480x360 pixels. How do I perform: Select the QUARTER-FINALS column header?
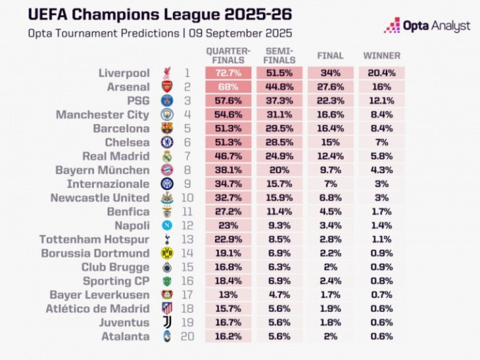(x=228, y=55)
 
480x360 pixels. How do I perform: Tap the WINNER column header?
(x=381, y=55)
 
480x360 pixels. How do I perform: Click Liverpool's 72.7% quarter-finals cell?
(x=228, y=73)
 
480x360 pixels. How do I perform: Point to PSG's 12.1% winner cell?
(x=381, y=100)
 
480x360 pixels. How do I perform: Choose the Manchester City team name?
(x=103, y=115)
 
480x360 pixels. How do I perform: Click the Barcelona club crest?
(x=166, y=128)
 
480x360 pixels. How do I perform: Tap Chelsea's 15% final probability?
(x=330, y=142)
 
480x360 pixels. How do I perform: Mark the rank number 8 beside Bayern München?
(x=188, y=170)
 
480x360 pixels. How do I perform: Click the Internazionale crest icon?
(x=166, y=184)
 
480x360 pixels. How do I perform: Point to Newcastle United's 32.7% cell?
(x=228, y=198)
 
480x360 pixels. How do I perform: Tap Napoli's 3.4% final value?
(x=330, y=226)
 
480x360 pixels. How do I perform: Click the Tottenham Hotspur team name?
(x=94, y=240)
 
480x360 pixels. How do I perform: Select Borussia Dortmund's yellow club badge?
(x=166, y=253)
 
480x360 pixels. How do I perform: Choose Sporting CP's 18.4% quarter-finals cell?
(x=228, y=281)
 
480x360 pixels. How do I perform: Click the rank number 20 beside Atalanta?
(x=188, y=337)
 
